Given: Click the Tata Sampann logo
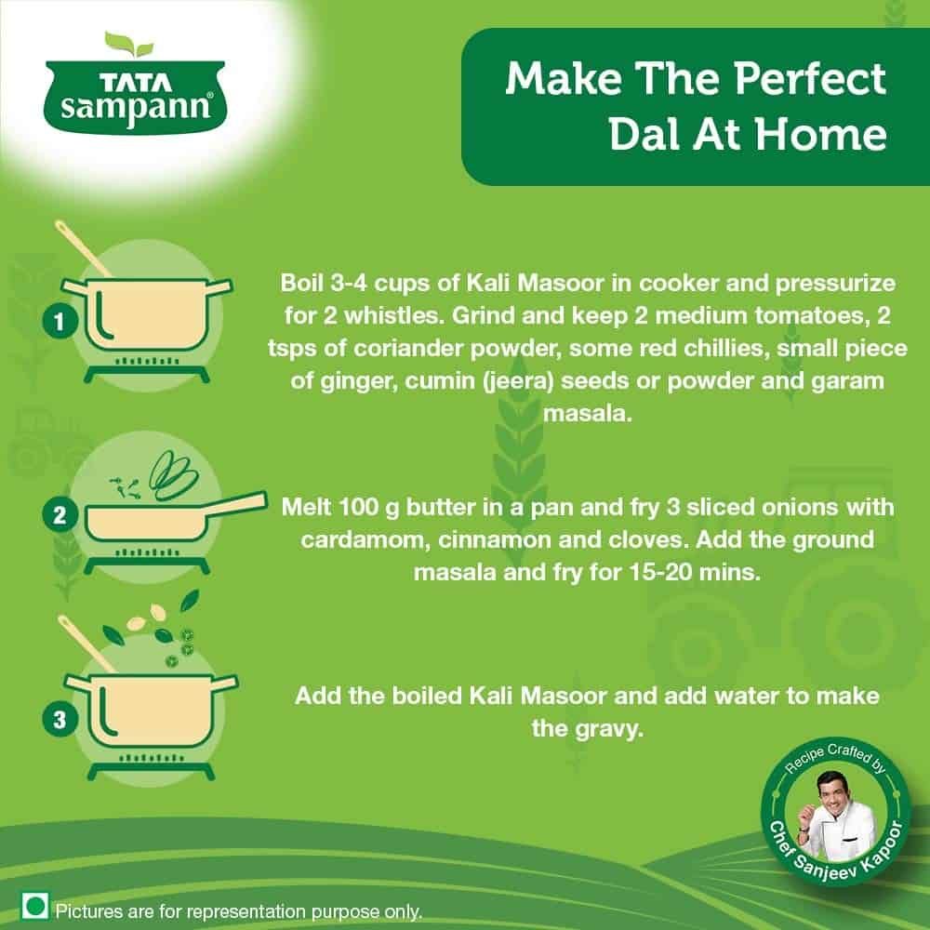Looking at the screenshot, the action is (135, 83).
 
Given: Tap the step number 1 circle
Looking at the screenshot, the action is (60, 322).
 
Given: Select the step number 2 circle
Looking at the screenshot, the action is (60, 515).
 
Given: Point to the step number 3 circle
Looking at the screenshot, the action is (60, 720).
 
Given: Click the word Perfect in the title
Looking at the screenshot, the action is (810, 79).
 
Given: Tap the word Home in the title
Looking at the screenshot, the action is (821, 134).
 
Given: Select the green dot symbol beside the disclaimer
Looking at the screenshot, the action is (35, 906).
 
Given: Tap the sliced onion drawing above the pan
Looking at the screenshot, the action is (173, 474).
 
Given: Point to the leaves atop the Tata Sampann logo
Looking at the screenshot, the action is (128, 45).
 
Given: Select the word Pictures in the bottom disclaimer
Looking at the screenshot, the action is (89, 911).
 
